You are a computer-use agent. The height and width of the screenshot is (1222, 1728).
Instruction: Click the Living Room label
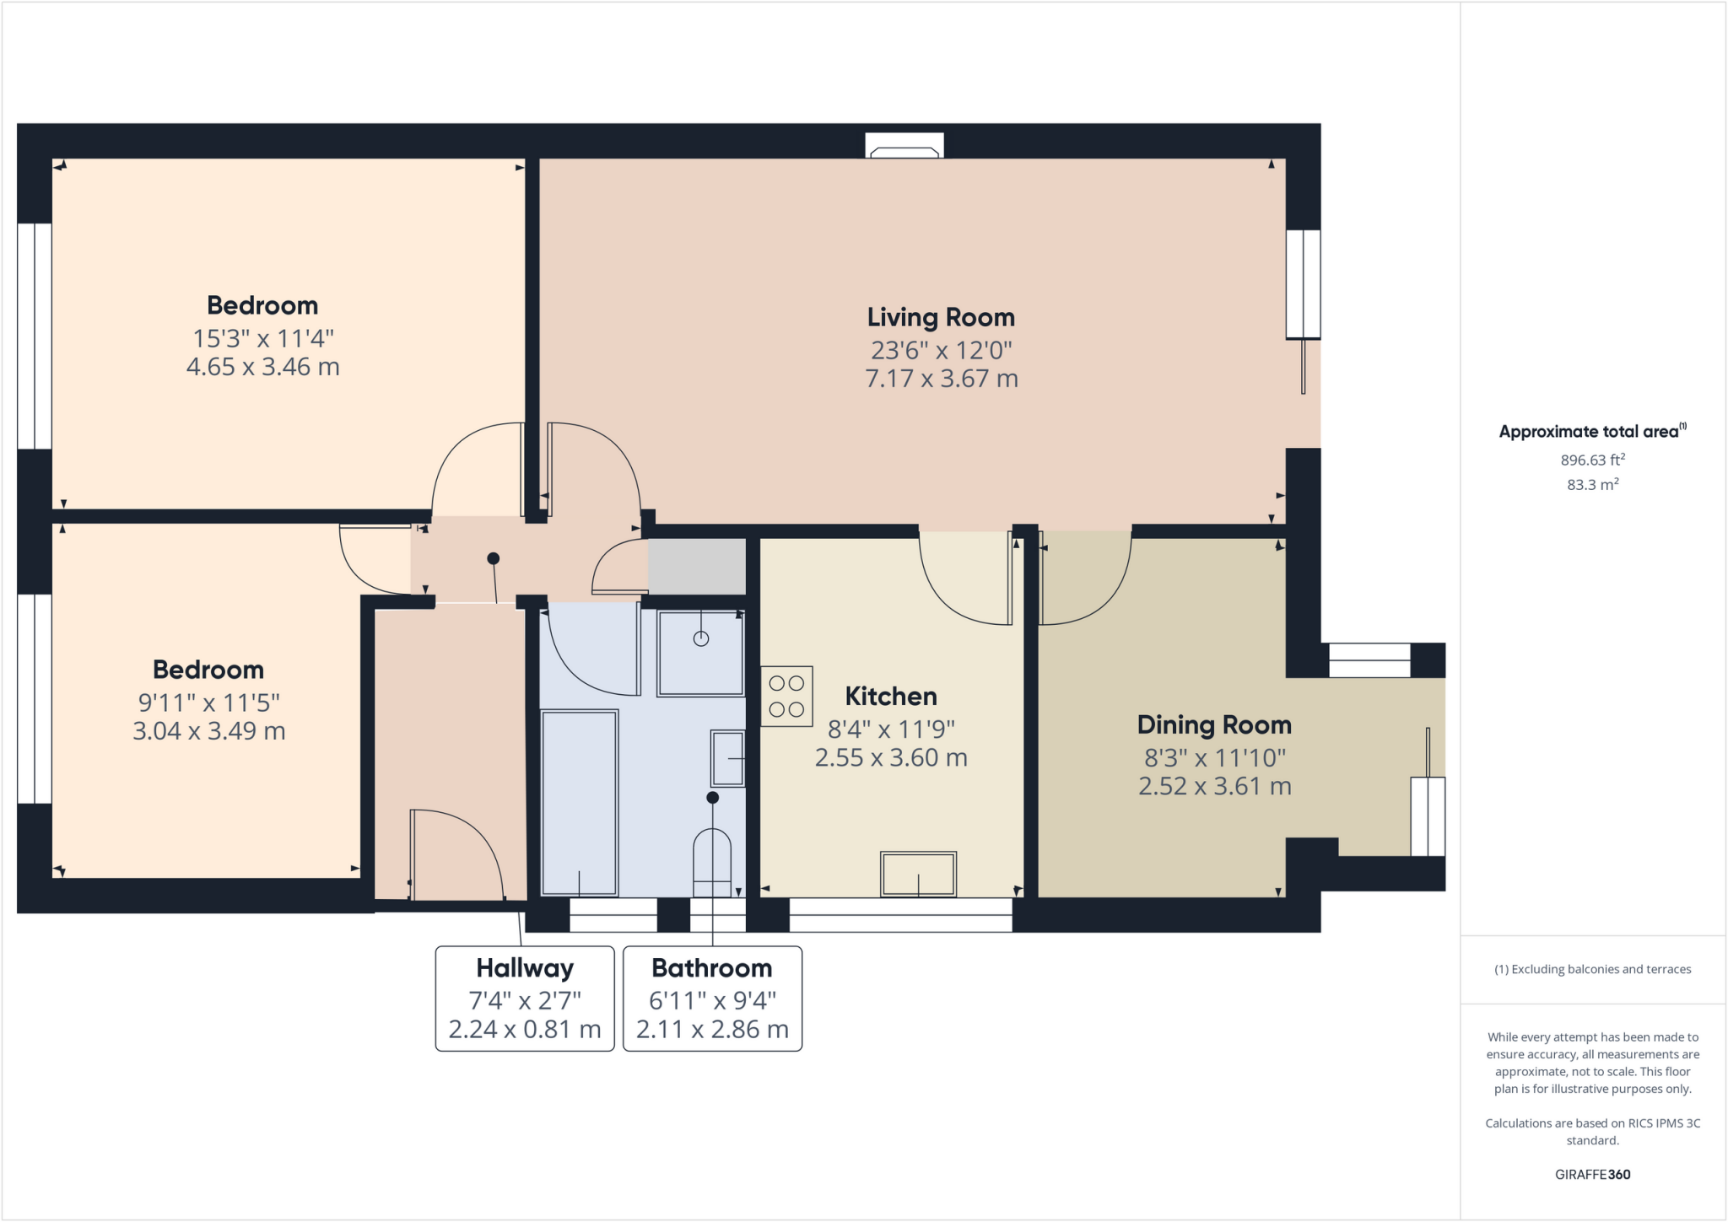pyautogui.click(x=941, y=317)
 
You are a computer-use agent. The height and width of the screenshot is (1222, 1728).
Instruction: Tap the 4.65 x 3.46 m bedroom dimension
pyautogui.click(x=262, y=367)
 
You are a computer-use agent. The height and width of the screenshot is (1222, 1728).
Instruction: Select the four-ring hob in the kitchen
pyautogui.click(x=786, y=696)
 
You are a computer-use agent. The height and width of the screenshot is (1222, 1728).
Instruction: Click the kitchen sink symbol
pyautogui.click(x=918, y=874)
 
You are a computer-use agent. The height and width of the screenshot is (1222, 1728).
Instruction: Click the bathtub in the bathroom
pyautogui.click(x=580, y=802)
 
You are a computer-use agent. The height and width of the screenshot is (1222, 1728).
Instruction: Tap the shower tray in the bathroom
pyautogui.click(x=700, y=653)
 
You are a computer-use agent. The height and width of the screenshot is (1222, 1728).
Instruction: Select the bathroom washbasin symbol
pyautogui.click(x=727, y=759)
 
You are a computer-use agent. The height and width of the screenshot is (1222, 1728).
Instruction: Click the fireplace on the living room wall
pyautogui.click(x=904, y=147)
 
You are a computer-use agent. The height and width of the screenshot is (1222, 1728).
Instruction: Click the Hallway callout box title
pyautogui.click(x=525, y=968)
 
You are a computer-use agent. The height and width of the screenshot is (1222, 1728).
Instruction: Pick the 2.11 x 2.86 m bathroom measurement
pyautogui.click(x=712, y=1029)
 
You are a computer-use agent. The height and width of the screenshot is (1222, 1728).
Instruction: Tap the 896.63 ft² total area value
pyautogui.click(x=1592, y=460)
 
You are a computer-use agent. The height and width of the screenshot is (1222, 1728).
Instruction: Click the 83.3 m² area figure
pyautogui.click(x=1592, y=485)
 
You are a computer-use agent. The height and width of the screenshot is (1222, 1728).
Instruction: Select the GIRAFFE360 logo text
pyautogui.click(x=1592, y=1174)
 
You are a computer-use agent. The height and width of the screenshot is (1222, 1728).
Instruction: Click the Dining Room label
pyautogui.click(x=1214, y=724)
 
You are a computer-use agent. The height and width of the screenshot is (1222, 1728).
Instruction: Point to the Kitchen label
pyautogui.click(x=891, y=696)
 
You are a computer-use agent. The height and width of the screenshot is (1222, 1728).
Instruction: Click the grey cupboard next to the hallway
pyautogui.click(x=697, y=566)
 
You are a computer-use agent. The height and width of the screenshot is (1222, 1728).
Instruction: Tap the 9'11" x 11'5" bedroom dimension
pyautogui.click(x=208, y=702)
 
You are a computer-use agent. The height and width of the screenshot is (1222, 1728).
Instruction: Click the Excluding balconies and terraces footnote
pyautogui.click(x=1592, y=969)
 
